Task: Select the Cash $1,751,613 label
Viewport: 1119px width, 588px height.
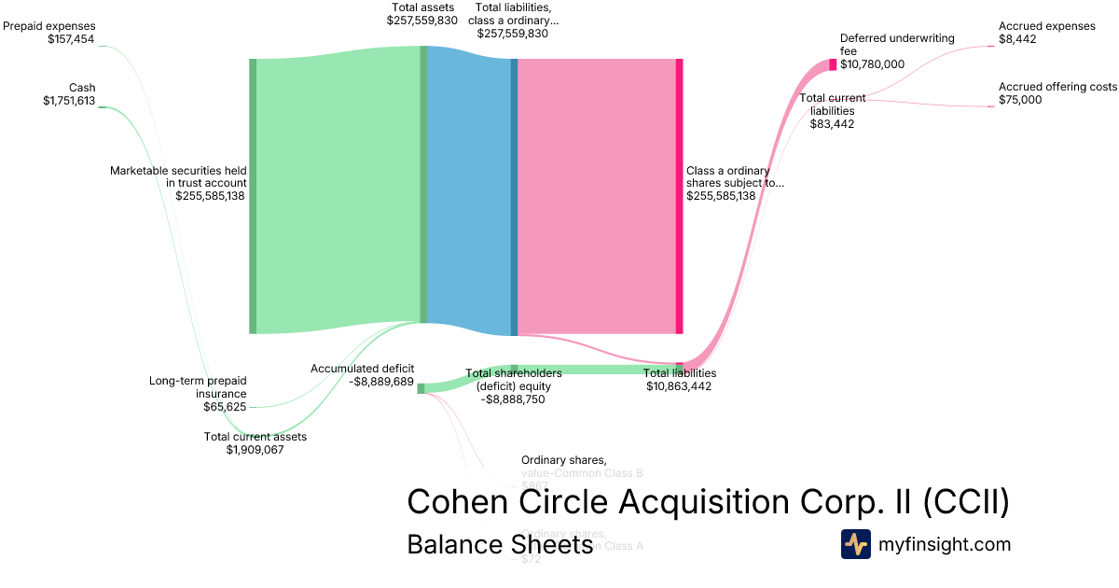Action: point(69,94)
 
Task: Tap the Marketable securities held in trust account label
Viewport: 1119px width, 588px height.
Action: point(178,183)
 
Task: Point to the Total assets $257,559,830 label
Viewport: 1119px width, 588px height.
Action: point(421,13)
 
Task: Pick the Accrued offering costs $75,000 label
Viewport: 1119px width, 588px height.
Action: point(1057,93)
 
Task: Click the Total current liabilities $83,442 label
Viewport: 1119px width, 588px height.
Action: point(832,110)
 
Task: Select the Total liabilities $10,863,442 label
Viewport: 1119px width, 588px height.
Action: point(679,379)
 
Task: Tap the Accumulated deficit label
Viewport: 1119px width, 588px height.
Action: point(362,374)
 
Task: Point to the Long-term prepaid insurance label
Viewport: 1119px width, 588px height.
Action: point(198,393)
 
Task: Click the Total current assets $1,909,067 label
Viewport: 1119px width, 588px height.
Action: point(255,442)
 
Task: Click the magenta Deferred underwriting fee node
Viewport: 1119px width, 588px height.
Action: point(833,64)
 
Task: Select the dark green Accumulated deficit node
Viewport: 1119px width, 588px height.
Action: point(421,388)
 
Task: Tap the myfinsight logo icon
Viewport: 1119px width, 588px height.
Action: point(855,544)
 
